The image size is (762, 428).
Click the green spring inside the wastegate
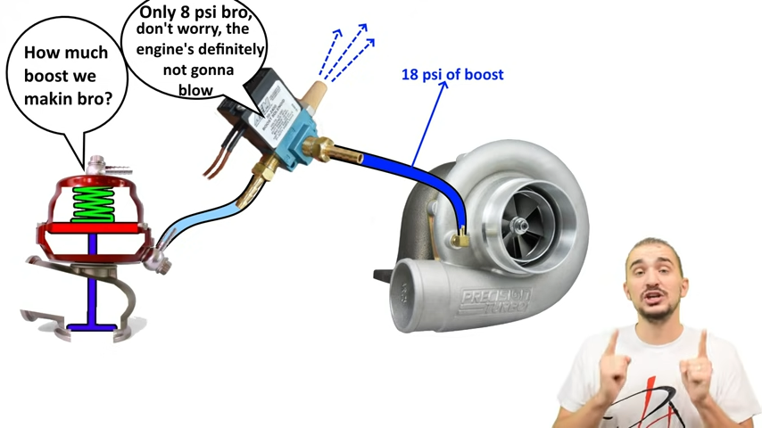[x=93, y=204]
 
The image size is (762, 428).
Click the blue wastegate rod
[x=92, y=285]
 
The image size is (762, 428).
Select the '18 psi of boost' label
[x=451, y=75]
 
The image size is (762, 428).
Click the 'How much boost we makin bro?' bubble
[x=68, y=75]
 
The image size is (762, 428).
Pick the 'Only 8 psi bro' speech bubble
[x=201, y=50]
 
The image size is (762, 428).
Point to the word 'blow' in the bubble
[x=195, y=90]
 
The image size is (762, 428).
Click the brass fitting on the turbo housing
[x=460, y=239]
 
